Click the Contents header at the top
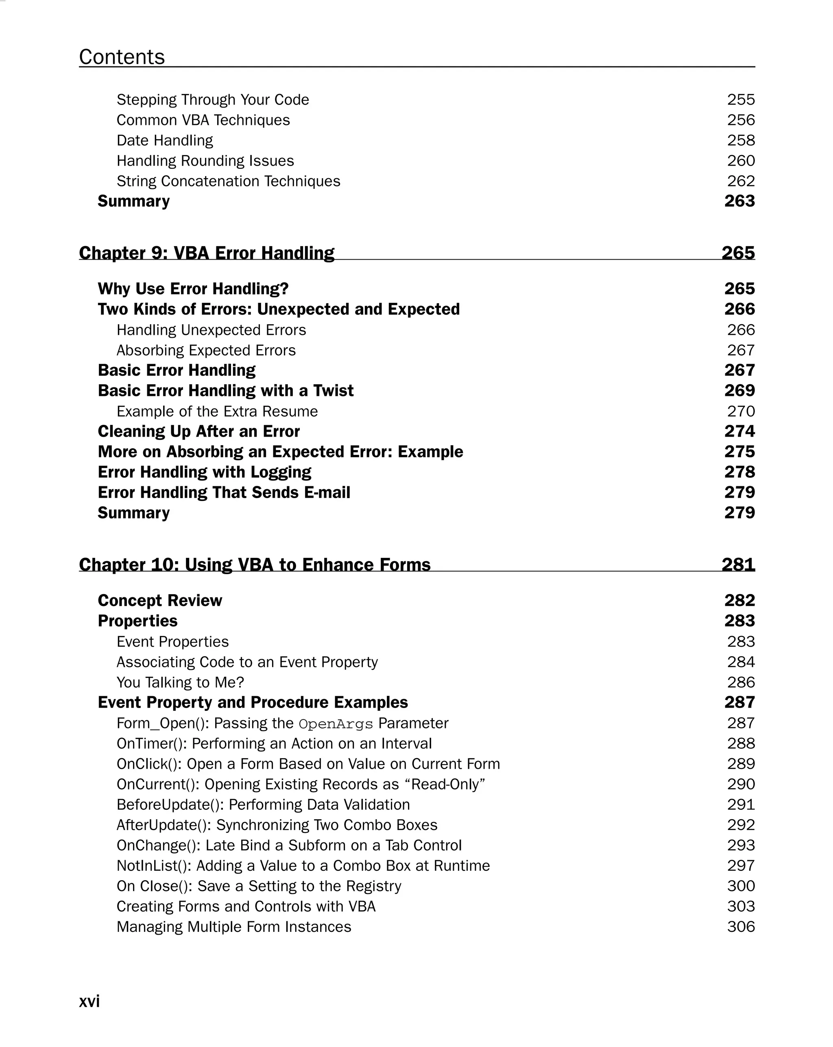tap(122, 57)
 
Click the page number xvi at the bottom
tap(89, 1001)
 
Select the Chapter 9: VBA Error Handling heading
tap(206, 253)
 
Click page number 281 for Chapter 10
tap(738, 564)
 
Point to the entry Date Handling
tap(165, 140)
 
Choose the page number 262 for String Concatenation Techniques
tap(741, 181)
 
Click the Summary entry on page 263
tap(133, 201)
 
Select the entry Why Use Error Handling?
tap(193, 289)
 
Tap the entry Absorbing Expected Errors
tap(206, 350)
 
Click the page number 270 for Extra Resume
tap(741, 411)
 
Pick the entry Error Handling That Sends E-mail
tap(224, 492)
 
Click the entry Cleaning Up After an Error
tap(198, 431)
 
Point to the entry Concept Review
tap(160, 601)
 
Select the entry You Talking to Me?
tap(180, 682)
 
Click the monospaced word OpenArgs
tap(336, 724)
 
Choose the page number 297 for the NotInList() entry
tap(741, 866)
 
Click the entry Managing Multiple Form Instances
tap(233, 927)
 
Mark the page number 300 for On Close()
tap(741, 886)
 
